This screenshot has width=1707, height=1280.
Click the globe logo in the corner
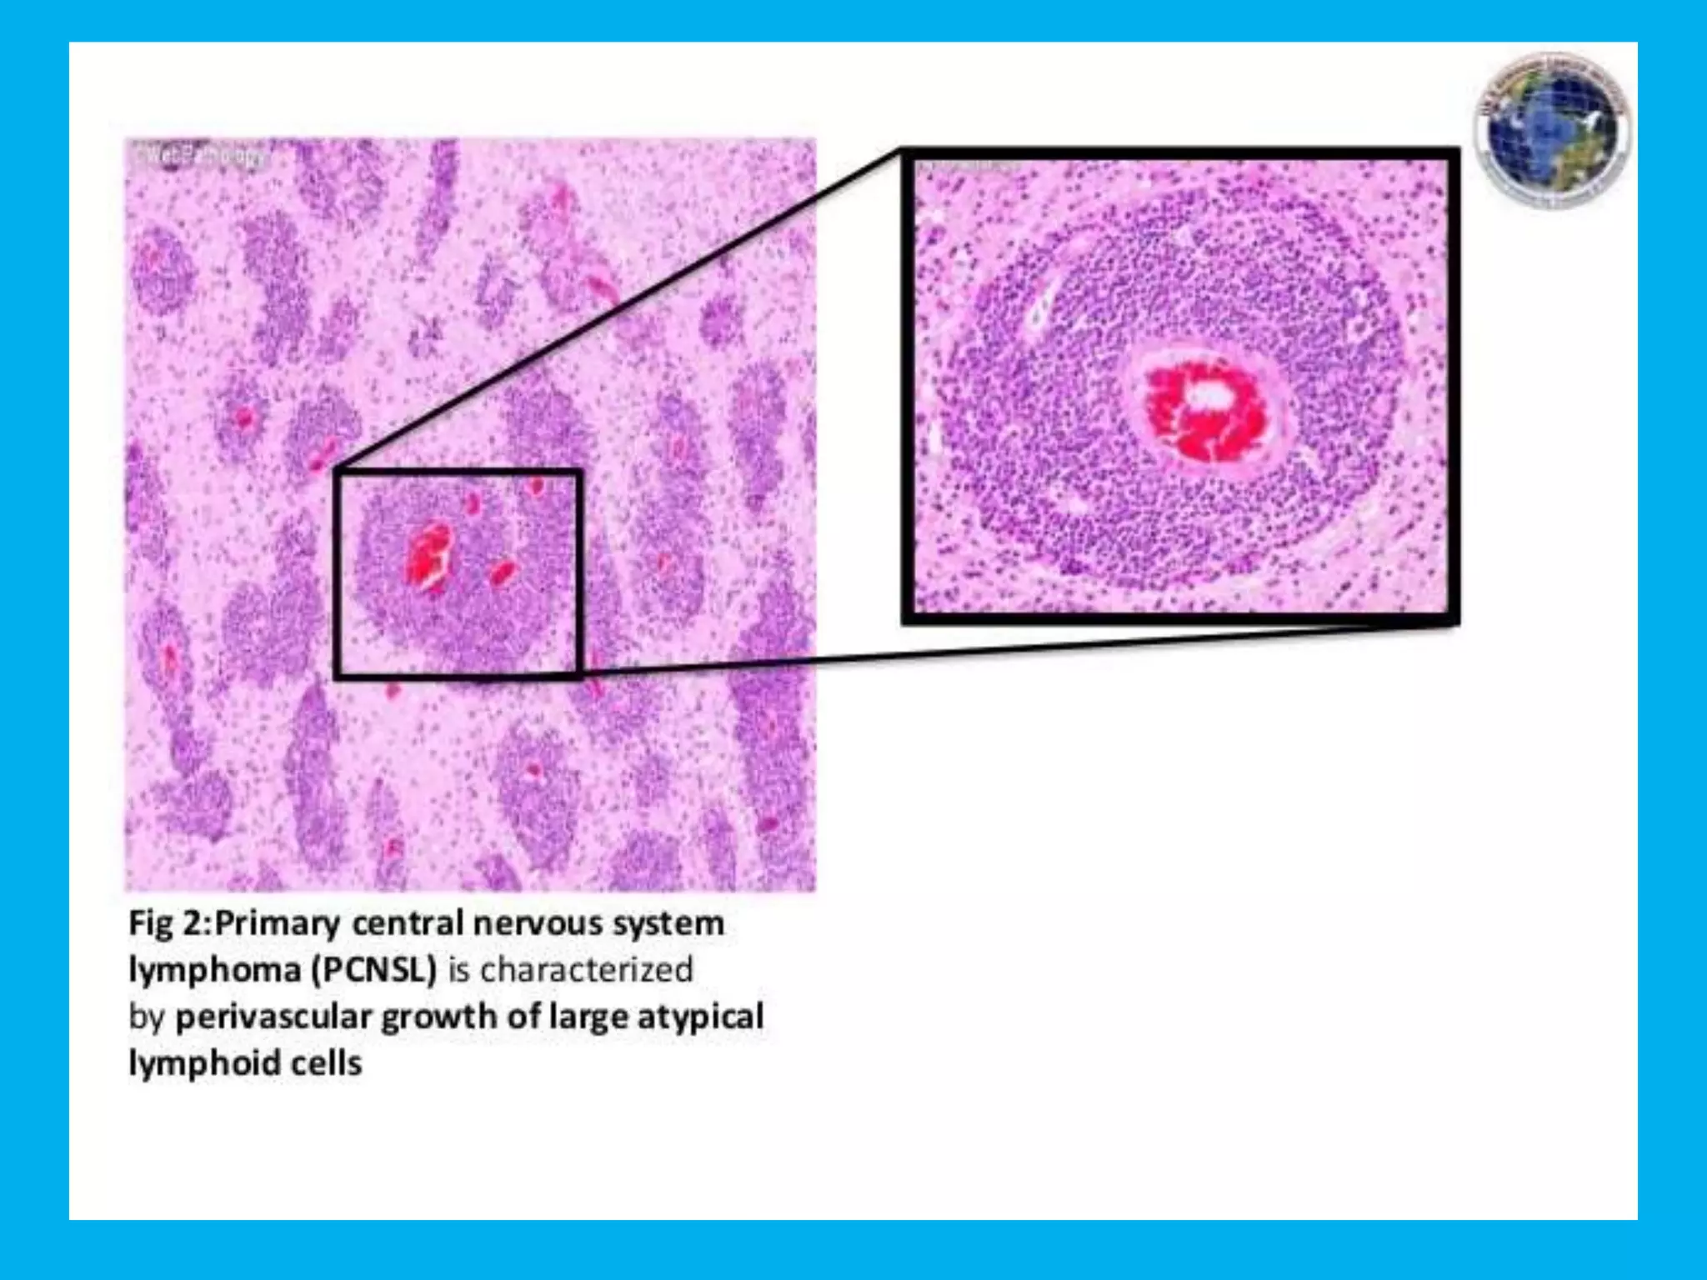pos(1552,131)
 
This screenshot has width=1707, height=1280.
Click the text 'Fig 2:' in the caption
pos(169,924)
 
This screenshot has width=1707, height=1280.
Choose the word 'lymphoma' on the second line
pos(214,971)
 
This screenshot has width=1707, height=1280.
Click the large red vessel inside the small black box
pos(428,553)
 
